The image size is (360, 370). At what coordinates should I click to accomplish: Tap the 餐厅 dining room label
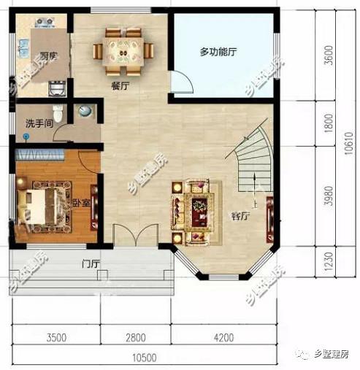coord(120,85)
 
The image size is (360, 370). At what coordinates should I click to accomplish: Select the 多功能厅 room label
coord(220,52)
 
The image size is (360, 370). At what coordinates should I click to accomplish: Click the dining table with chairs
coord(123,50)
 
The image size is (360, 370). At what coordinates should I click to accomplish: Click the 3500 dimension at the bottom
coord(56,337)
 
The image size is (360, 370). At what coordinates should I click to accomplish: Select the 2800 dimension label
coord(135,337)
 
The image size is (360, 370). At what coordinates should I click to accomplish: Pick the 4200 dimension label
coord(223,337)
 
